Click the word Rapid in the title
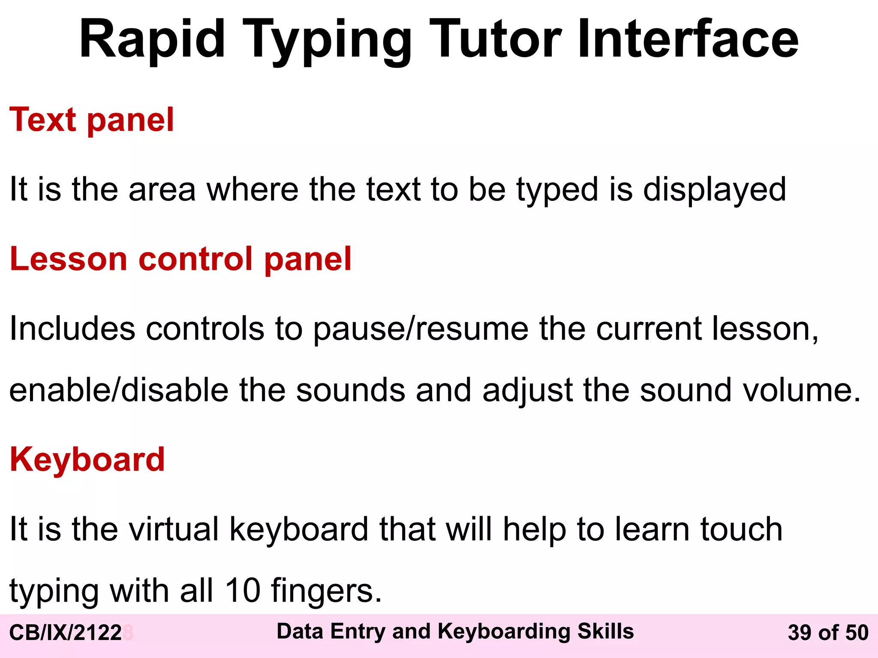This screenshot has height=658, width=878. click(152, 39)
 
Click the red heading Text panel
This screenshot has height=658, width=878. click(92, 120)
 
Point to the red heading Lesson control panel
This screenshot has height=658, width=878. click(180, 259)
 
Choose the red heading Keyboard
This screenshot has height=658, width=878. click(87, 460)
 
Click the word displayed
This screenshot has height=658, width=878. click(715, 190)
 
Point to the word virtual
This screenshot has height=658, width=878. click(174, 529)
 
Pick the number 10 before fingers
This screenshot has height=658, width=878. click(243, 591)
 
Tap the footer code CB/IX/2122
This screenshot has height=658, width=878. click(66, 633)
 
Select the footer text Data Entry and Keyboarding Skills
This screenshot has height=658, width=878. click(455, 631)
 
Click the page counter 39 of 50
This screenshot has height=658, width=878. click(828, 633)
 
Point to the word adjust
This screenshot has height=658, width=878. click(527, 391)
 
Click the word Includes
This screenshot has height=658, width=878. click(72, 329)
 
